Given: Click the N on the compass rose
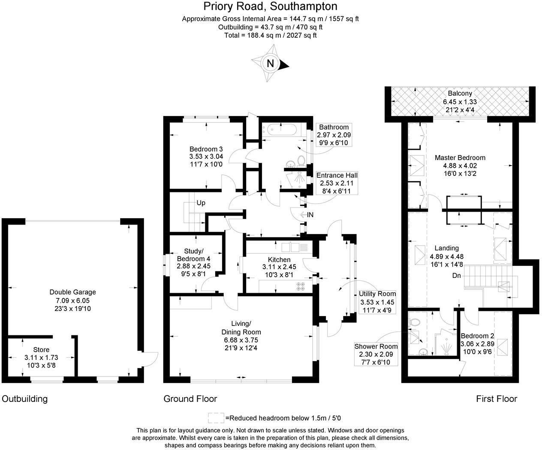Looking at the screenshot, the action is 270,63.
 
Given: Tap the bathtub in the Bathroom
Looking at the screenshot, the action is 282,129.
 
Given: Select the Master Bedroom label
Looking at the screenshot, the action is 460,158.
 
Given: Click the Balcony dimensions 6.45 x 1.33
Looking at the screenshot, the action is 460,102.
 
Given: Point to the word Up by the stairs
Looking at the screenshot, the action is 201,203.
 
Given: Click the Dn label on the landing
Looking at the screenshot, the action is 456,275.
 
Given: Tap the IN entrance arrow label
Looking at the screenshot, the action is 307,215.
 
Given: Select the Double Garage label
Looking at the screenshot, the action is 73,292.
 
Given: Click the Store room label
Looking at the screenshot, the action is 41,350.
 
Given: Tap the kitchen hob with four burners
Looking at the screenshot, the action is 301,286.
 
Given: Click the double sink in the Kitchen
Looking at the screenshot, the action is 290,247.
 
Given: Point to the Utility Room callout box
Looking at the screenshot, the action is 377,302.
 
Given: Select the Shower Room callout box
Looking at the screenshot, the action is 376,354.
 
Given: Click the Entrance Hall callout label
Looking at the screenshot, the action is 337,183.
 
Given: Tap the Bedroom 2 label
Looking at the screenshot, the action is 477,336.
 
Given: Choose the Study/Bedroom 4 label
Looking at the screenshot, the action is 194,255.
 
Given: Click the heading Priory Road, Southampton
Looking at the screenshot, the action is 270,6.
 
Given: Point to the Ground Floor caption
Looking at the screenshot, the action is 190,398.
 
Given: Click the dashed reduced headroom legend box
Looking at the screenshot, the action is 216,418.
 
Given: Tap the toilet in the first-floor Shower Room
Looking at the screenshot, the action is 415,322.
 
